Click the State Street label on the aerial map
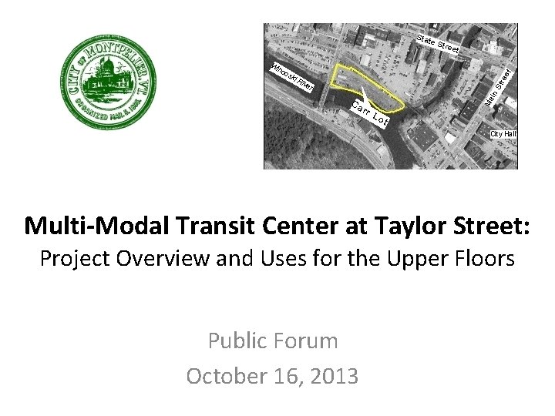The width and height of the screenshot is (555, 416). click(437, 45)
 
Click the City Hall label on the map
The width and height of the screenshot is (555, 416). click(503, 134)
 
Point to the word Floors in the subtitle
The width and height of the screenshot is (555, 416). click(481, 258)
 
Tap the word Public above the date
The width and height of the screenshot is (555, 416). click(235, 341)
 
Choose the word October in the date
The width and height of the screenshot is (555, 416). click(224, 376)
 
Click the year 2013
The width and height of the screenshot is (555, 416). click(331, 376)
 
